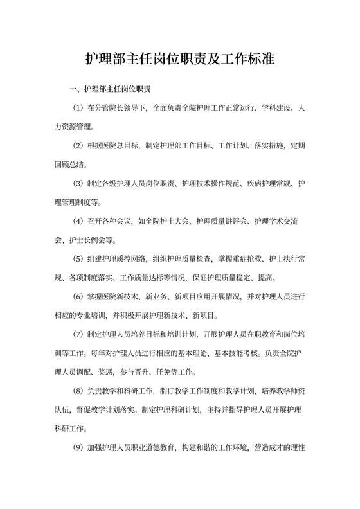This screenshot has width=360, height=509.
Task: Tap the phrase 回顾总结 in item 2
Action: [x=73, y=164]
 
